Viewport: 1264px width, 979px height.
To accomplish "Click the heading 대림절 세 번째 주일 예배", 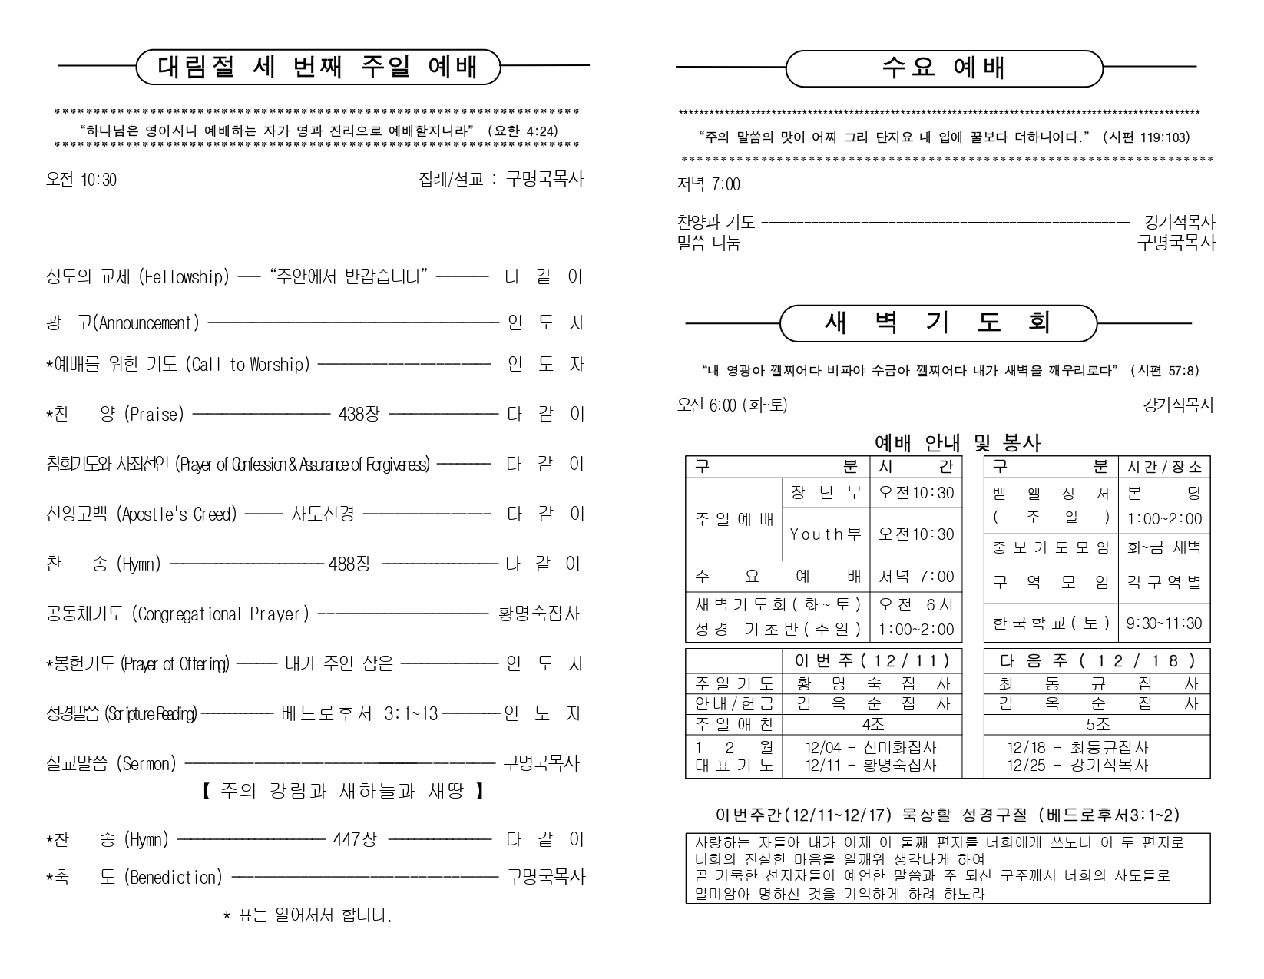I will (318, 67).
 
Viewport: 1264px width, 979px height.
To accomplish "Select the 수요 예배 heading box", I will (944, 68).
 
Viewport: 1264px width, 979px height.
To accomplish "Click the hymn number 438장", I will (359, 415).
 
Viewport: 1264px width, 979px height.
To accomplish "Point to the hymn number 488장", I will (349, 564).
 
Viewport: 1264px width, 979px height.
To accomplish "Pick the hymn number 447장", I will (355, 840).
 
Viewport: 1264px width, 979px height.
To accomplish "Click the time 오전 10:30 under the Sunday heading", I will (81, 180).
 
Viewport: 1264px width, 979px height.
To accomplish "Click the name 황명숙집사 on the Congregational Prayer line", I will (539, 614).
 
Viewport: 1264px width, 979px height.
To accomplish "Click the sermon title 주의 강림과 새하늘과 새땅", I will (343, 791).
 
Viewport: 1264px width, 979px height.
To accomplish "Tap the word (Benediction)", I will (173, 877).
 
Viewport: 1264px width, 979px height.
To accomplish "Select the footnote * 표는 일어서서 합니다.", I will (307, 916).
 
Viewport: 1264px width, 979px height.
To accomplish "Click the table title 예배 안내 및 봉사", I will (958, 443).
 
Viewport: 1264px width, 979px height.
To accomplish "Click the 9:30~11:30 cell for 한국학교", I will (1163, 623).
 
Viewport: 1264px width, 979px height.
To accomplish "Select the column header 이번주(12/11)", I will (872, 660).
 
